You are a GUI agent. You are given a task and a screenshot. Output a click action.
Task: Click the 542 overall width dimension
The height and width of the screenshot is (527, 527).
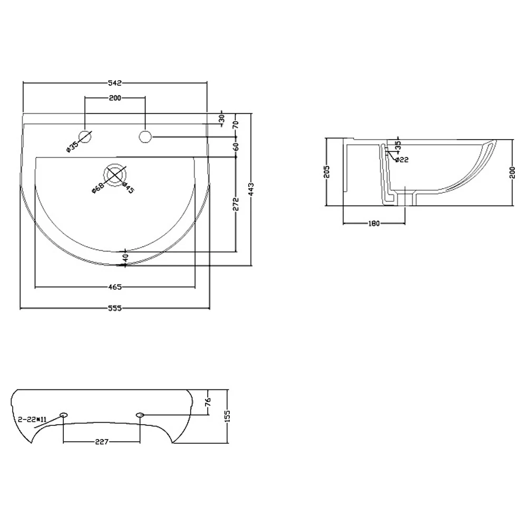click(x=115, y=83)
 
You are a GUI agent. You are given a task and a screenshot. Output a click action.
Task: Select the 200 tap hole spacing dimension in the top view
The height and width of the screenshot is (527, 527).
click(x=115, y=98)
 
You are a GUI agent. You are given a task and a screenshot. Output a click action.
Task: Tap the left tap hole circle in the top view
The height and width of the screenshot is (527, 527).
click(x=85, y=136)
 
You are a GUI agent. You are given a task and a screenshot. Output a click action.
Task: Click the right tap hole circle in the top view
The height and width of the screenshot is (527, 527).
click(x=145, y=136)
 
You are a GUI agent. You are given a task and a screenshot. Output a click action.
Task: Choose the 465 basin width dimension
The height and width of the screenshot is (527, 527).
click(x=115, y=287)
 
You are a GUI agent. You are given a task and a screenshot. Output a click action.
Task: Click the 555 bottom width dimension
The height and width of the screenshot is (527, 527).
click(x=115, y=309)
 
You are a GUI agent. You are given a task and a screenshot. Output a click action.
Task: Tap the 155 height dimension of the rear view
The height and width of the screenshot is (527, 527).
click(x=228, y=416)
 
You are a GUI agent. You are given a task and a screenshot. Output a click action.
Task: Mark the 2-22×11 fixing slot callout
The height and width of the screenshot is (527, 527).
click(x=33, y=419)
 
